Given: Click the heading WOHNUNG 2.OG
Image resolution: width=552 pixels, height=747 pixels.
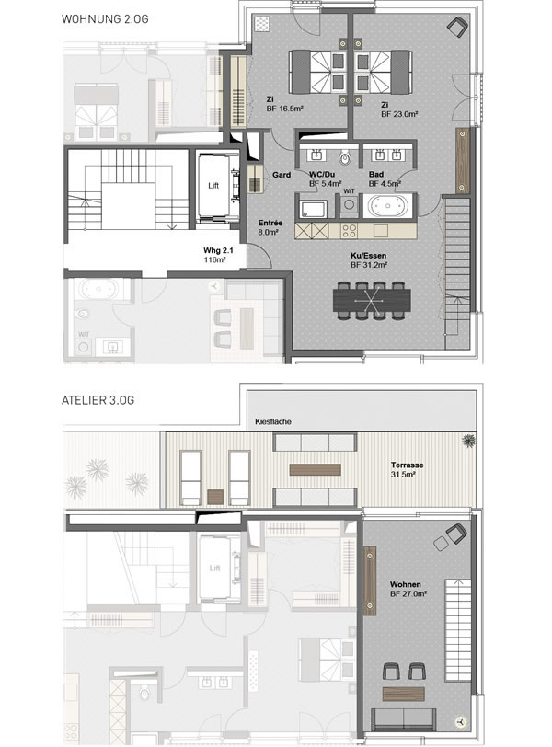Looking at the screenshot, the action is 105,19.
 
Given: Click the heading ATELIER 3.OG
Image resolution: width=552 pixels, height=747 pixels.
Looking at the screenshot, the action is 98,400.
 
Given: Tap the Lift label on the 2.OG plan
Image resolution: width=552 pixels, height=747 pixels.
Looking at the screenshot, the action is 213,185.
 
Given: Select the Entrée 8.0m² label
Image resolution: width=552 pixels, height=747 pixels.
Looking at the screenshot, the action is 270,227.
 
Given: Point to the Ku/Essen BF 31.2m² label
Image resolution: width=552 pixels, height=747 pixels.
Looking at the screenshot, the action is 369,260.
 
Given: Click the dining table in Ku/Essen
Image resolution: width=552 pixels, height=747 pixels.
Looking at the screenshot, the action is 372,301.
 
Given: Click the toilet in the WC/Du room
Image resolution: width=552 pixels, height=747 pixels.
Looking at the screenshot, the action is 345,157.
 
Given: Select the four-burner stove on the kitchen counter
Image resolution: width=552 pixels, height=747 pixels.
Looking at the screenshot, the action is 349,231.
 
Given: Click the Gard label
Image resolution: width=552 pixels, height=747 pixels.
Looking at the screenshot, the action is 282,175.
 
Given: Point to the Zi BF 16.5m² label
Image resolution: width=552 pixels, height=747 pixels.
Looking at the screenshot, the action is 284,104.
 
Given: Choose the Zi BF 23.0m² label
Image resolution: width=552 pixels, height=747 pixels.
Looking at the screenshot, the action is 399,109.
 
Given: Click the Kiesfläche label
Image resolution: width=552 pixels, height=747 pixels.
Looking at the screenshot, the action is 273,421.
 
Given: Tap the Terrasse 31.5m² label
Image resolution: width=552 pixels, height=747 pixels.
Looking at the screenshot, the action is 407,469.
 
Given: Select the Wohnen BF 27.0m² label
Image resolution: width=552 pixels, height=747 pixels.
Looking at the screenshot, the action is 408,589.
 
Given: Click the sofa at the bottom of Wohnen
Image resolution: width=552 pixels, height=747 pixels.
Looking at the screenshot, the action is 403,718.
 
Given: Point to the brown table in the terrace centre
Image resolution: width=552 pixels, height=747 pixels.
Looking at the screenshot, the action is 315,470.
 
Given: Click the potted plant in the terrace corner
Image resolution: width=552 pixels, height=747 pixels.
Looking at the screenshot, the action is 468,440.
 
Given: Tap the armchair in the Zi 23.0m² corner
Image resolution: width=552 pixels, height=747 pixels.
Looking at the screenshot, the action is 457,27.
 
